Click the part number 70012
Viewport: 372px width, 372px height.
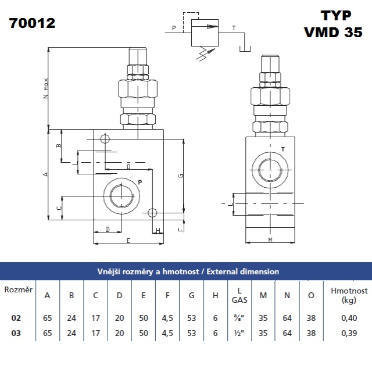pos(33,24)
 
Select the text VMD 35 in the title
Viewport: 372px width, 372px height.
pos(333,33)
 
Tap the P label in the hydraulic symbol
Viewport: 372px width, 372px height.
pos(174,27)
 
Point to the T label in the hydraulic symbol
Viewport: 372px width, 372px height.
pos(234,27)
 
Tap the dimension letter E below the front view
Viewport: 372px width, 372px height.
pos(128,241)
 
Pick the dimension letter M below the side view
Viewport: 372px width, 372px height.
pos(270,239)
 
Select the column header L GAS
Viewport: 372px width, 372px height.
pos(239,295)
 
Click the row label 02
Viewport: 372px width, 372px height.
pos(16,318)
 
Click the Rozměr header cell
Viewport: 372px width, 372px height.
pos(18,289)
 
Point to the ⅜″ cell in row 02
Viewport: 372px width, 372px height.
pos(239,318)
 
